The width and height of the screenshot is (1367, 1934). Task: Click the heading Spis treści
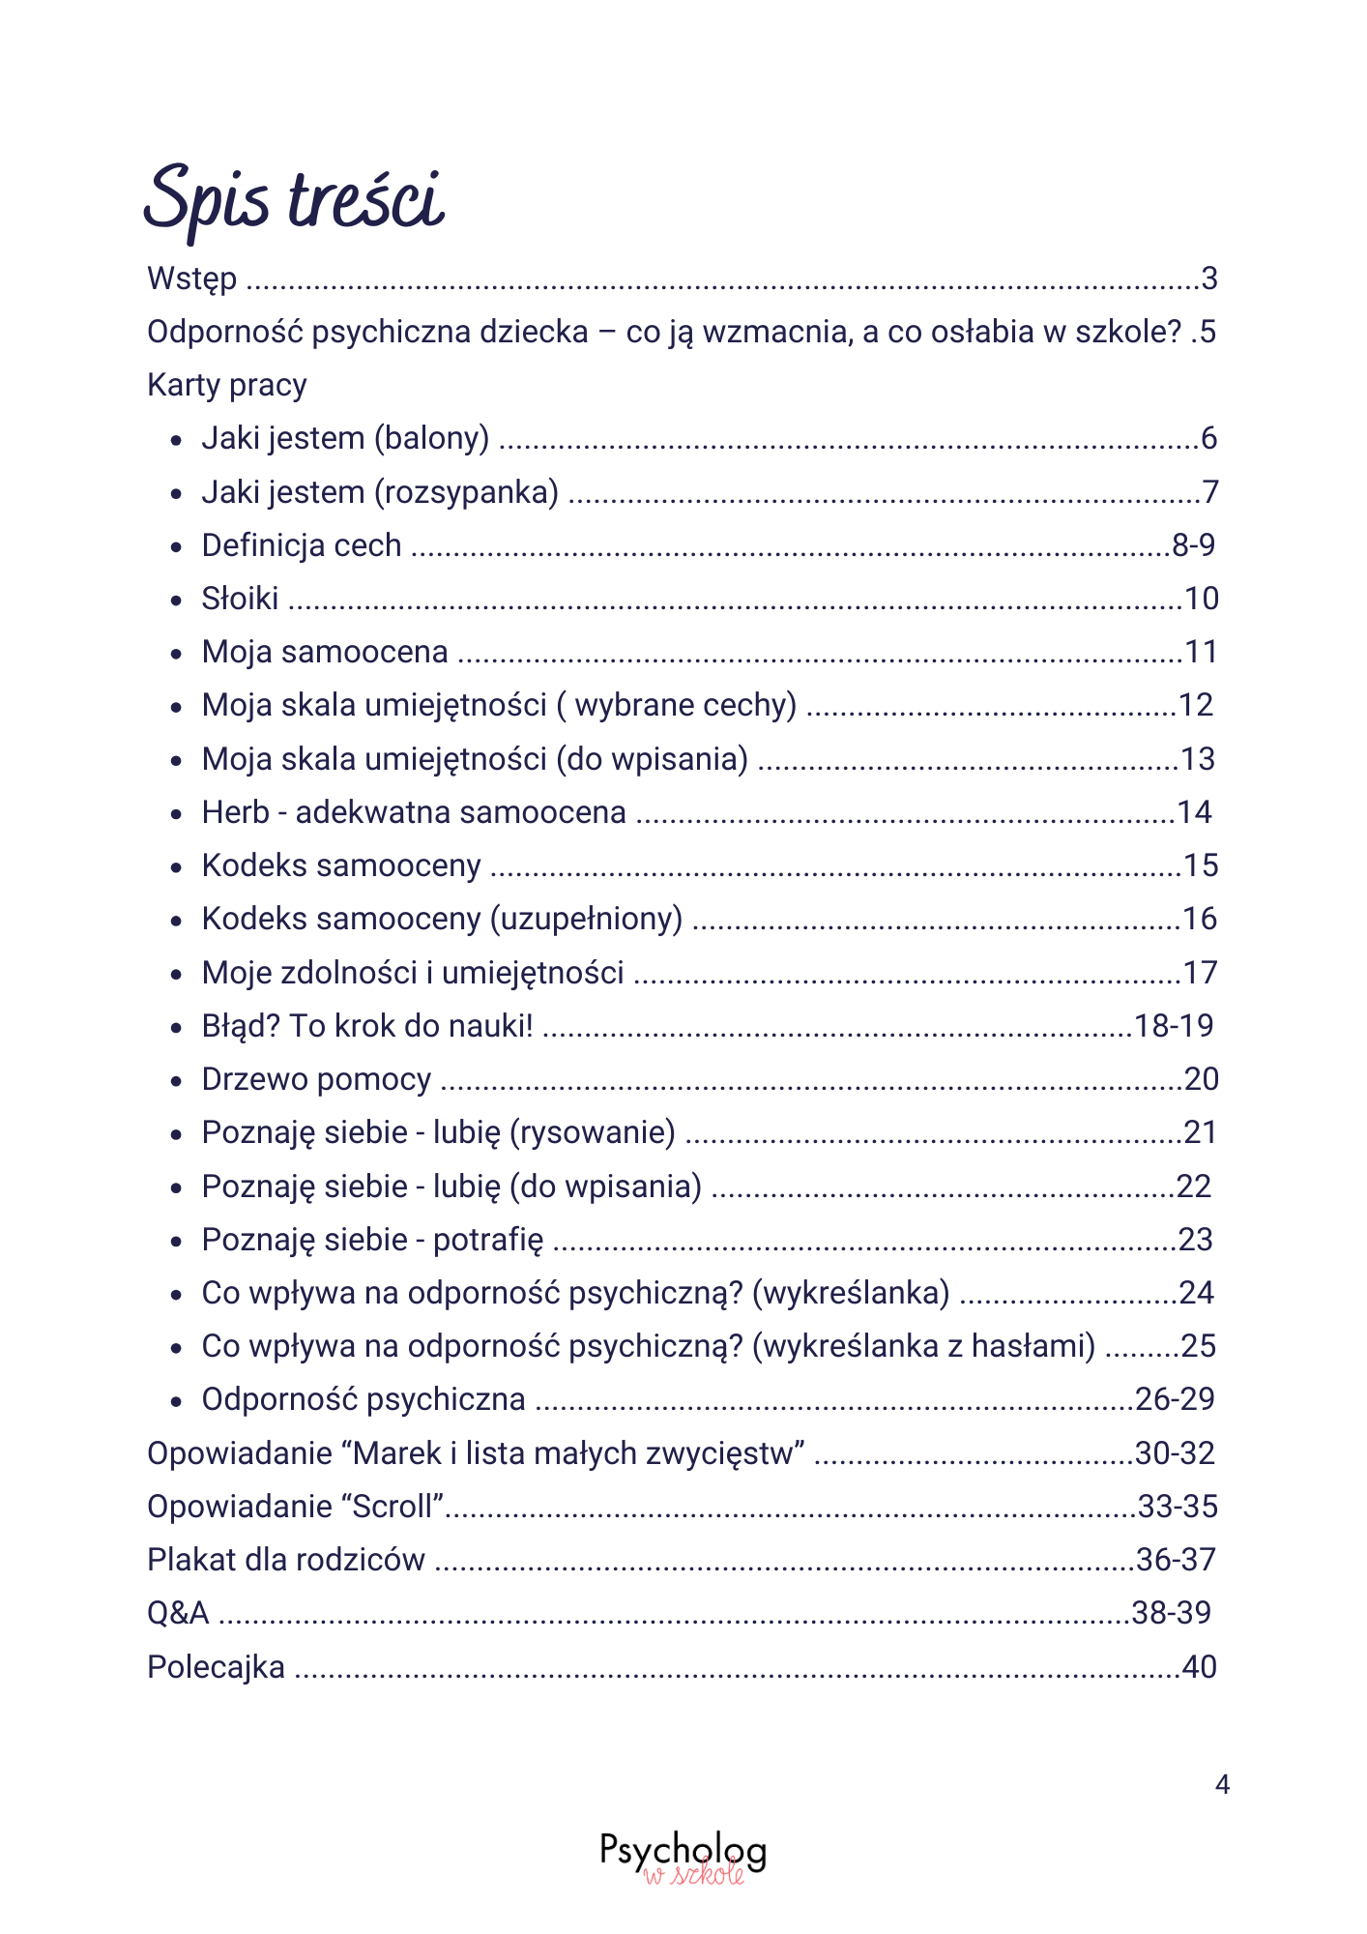[294, 199]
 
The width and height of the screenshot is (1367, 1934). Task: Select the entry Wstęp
[191, 279]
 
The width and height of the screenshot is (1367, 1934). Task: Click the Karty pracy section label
[226, 386]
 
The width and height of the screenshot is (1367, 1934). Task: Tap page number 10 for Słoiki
[1201, 599]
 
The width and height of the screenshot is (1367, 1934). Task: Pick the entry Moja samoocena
[325, 652]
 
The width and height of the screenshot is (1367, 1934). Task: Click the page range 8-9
[1193, 545]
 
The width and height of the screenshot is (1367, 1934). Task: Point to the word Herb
[235, 812]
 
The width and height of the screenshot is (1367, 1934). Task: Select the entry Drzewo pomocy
[316, 1079]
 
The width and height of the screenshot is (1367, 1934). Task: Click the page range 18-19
[1174, 1026]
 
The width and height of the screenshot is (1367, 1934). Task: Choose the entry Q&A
[178, 1613]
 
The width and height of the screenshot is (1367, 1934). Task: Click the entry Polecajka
[216, 1667]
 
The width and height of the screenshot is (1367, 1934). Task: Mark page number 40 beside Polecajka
[1199, 1667]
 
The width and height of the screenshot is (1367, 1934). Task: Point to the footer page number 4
[1222, 1784]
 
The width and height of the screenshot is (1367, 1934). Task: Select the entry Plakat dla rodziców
[286, 1560]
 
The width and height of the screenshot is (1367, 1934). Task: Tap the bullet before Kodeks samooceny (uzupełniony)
[176, 921]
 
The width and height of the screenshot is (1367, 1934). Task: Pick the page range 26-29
[1175, 1399]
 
